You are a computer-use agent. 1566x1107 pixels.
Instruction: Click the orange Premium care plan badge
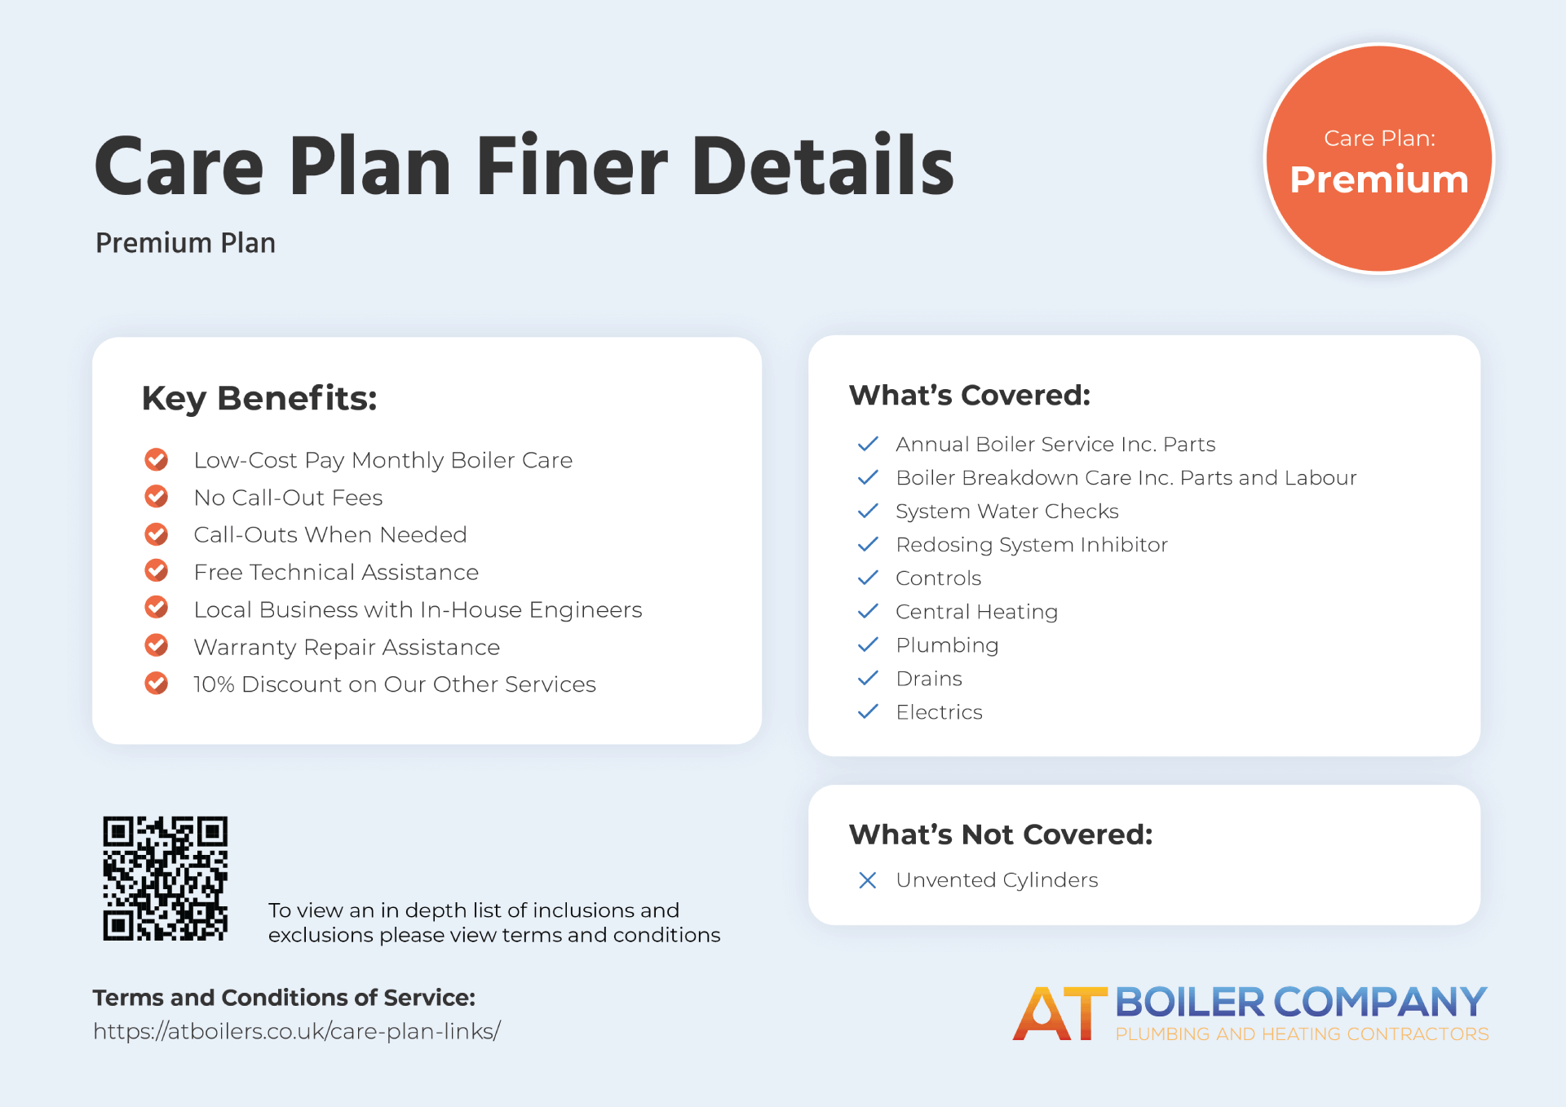point(1379,158)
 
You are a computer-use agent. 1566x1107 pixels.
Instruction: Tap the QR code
point(166,879)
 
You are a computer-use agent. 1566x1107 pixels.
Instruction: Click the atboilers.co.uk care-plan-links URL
point(297,1031)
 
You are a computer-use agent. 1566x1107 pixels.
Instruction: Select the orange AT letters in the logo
point(1059,1014)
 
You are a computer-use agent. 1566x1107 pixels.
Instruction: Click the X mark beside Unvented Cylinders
point(868,880)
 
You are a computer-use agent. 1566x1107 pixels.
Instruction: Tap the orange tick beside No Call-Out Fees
point(157,497)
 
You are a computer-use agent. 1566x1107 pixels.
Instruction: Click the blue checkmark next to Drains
point(868,678)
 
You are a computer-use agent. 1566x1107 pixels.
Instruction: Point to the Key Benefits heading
point(259,399)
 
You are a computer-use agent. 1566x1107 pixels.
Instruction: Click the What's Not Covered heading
point(1001,835)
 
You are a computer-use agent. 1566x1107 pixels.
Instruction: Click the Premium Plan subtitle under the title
point(186,243)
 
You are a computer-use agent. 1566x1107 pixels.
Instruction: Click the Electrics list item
point(939,712)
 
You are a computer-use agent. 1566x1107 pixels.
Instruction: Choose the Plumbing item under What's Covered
point(947,645)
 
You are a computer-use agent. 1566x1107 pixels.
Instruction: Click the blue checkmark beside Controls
point(868,578)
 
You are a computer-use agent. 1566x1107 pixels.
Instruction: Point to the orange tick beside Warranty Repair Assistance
point(157,646)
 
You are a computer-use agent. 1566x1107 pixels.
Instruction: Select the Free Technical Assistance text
point(336,573)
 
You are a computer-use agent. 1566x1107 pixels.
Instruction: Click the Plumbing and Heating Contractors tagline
point(1302,1034)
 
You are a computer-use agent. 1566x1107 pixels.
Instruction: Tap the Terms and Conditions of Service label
point(284,998)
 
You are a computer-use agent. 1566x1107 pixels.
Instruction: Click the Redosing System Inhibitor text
point(1032,545)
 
